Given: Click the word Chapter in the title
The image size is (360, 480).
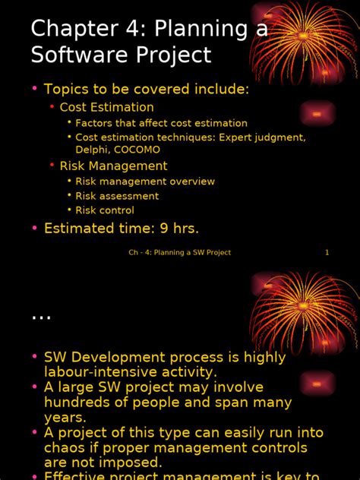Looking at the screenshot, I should point(71,28).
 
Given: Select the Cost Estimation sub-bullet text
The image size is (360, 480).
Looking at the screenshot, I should point(106,107).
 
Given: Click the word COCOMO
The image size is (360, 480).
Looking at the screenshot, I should point(137,150).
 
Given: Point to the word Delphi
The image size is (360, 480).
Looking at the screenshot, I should point(92,150).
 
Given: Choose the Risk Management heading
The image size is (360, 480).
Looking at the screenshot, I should point(113,166).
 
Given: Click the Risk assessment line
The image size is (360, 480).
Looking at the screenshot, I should point(117,196).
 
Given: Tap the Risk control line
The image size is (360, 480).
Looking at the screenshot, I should point(105,210).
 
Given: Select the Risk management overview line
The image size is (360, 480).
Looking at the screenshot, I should point(145,182).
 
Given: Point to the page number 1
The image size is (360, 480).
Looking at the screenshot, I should point(327,252).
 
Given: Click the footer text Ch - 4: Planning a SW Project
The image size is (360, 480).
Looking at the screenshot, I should point(179,252).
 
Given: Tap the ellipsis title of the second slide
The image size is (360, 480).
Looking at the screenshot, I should point(41,317).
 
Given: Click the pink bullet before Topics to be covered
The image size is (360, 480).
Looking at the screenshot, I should point(34,90).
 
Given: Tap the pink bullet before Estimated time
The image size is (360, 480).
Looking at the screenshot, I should point(34,228).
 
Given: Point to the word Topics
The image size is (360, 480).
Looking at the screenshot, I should point(67,90).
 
